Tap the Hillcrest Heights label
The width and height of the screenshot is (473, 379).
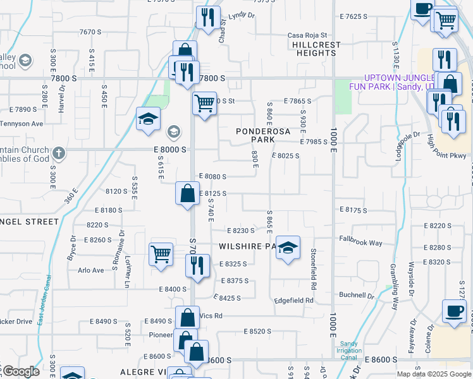[316, 49]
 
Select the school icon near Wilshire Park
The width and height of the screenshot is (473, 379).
[288, 248]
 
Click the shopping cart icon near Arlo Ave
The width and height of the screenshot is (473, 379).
[161, 255]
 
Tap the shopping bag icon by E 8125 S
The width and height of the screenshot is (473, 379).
[188, 193]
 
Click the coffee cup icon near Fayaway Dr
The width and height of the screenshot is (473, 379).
[454, 311]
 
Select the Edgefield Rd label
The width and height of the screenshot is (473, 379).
[293, 301]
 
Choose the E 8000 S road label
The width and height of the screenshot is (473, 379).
[169, 150]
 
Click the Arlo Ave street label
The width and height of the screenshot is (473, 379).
[90, 270]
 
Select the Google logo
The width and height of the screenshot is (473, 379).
[21, 371]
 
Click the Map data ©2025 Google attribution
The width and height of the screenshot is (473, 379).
[433, 374]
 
